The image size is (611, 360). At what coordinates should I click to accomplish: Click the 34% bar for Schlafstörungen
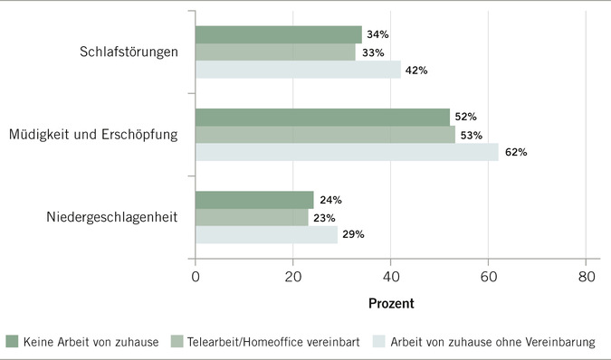[x=278, y=34]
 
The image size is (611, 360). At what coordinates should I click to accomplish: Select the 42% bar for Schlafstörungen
[x=298, y=70]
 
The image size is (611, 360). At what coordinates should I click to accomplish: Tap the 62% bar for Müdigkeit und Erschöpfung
[x=347, y=152]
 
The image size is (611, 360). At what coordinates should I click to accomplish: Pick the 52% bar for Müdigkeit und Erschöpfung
[x=322, y=117]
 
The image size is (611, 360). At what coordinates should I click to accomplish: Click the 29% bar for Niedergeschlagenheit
[x=266, y=234]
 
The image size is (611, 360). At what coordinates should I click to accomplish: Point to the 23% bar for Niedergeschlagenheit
[x=252, y=217]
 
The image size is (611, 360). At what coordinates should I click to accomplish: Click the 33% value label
[x=371, y=52]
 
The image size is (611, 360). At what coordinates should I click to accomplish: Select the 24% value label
[x=330, y=200]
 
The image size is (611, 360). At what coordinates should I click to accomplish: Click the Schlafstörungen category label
[x=128, y=52]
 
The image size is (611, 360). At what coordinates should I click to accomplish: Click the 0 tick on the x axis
[x=196, y=278]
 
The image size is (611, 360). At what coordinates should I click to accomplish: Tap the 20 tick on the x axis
[x=293, y=278]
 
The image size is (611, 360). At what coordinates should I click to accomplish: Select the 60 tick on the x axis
[x=489, y=278]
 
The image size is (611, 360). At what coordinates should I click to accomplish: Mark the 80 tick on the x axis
[x=587, y=278]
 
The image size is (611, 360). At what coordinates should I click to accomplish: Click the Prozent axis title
[x=390, y=304]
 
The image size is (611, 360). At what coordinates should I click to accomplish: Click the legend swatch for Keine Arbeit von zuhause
[x=13, y=342]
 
